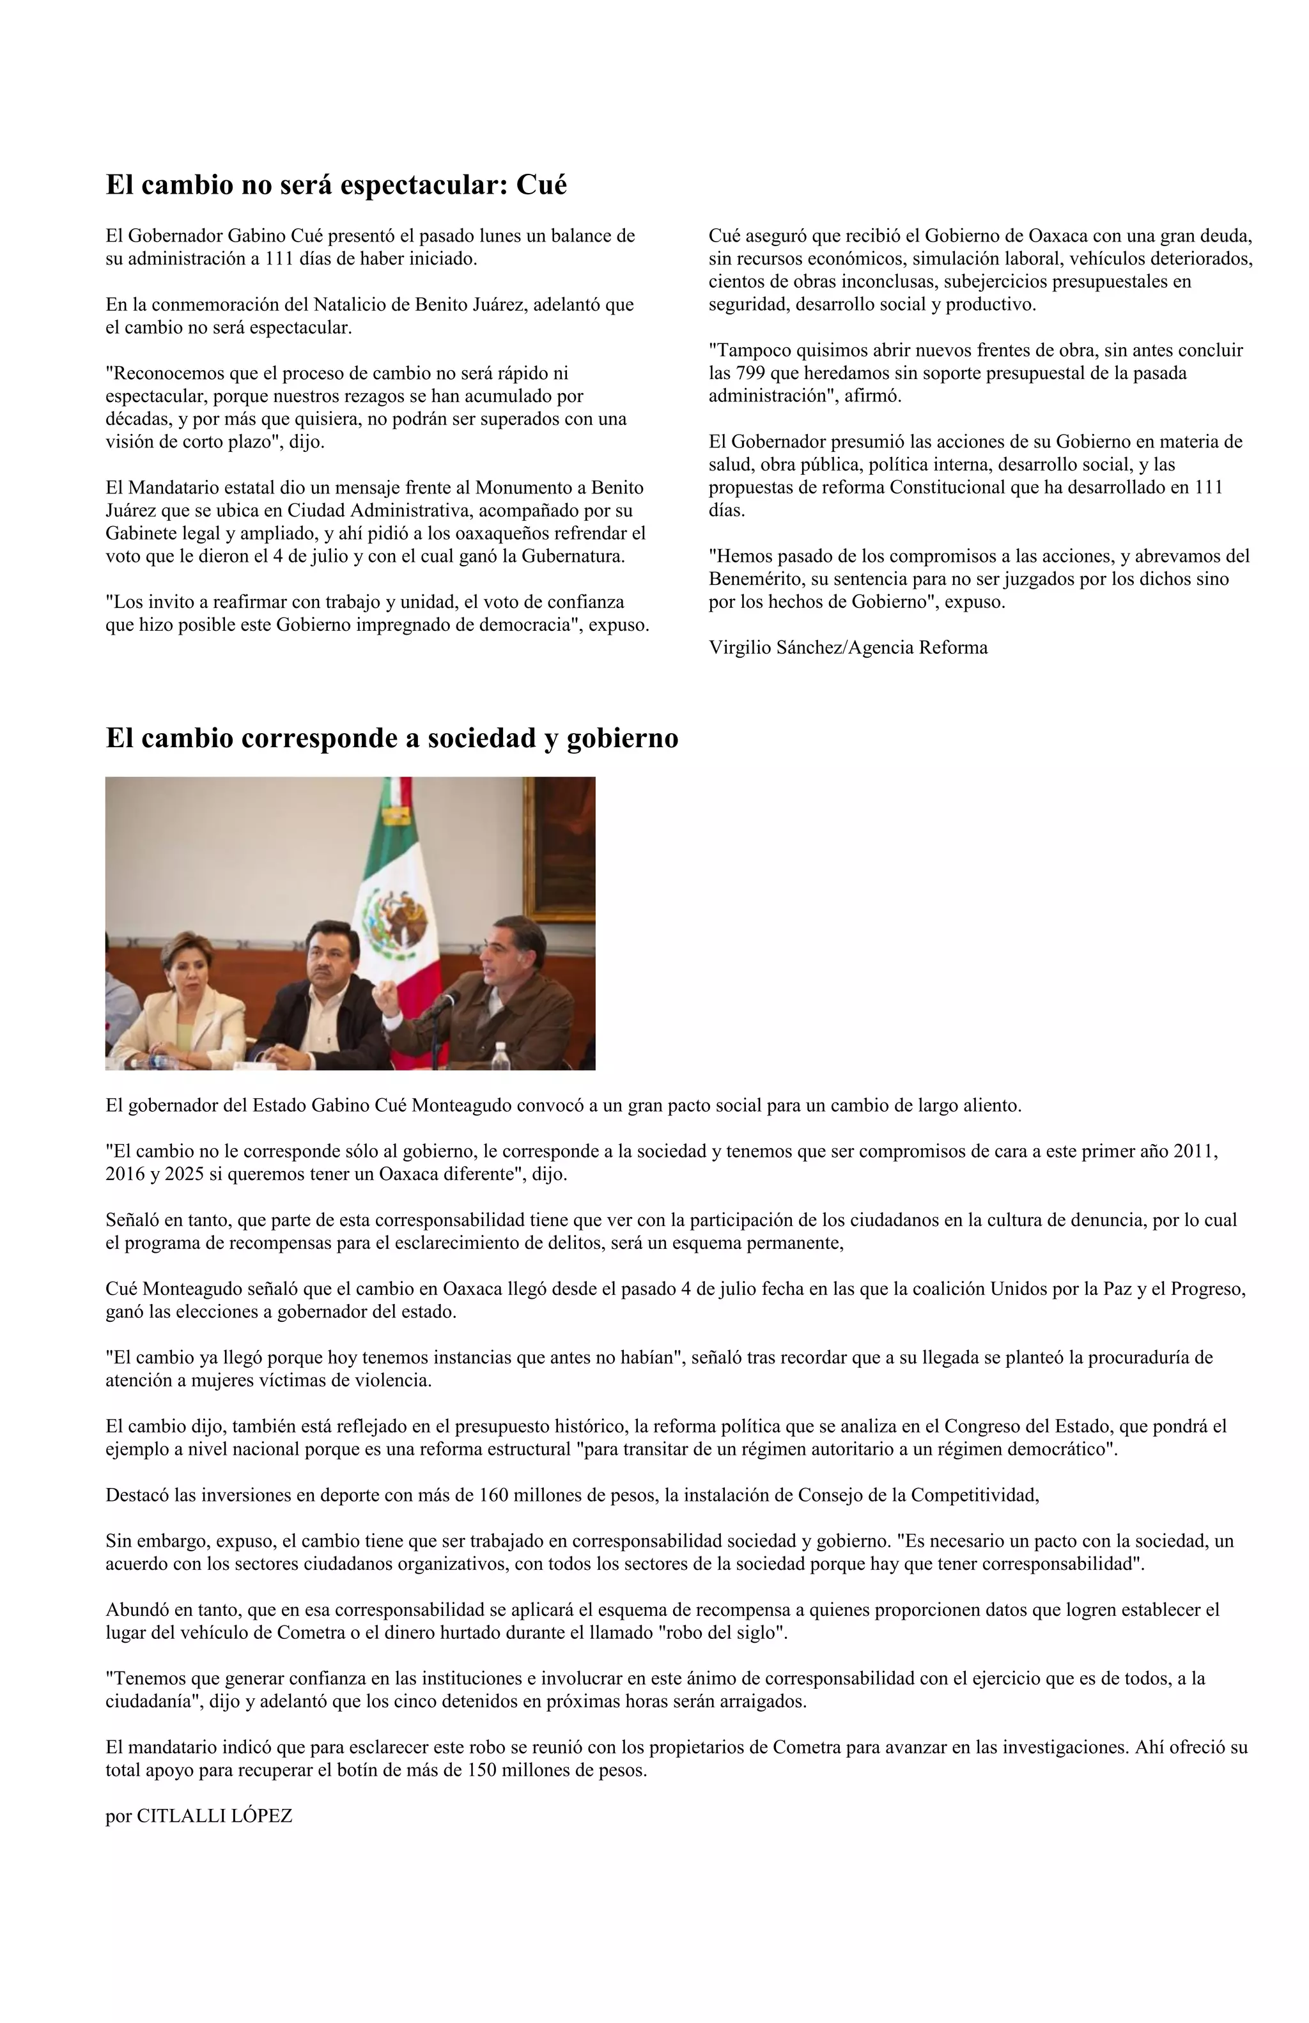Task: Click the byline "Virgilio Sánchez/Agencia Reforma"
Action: click(848, 647)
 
